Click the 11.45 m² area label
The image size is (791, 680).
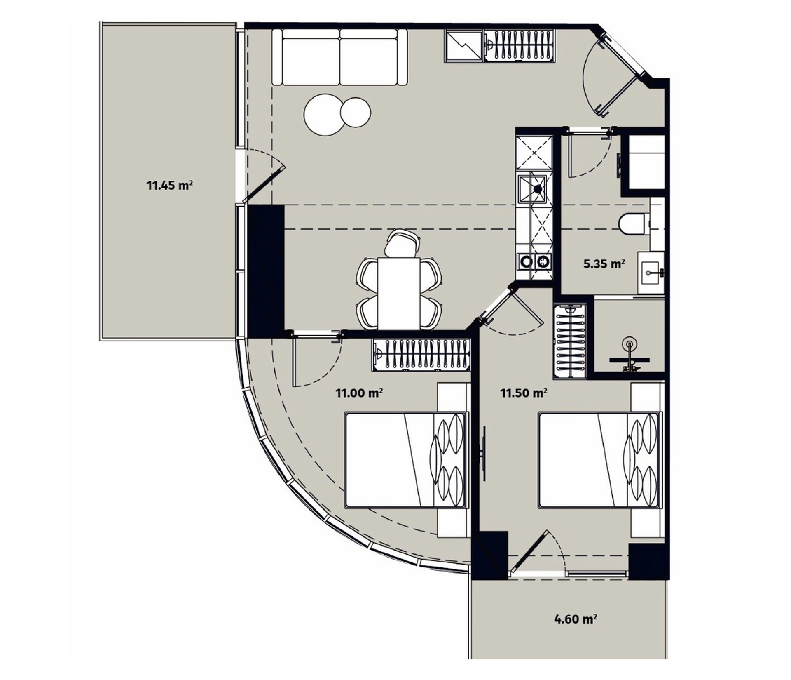click(169, 185)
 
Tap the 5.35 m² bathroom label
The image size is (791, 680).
click(604, 264)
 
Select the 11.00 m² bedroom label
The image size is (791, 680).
click(359, 393)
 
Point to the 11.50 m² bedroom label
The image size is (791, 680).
click(523, 393)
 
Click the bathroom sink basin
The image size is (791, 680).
click(651, 273)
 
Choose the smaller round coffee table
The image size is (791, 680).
click(355, 112)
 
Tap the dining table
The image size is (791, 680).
click(399, 293)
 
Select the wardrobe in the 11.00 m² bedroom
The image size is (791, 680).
click(421, 355)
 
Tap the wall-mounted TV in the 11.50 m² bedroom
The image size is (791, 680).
click(484, 454)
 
